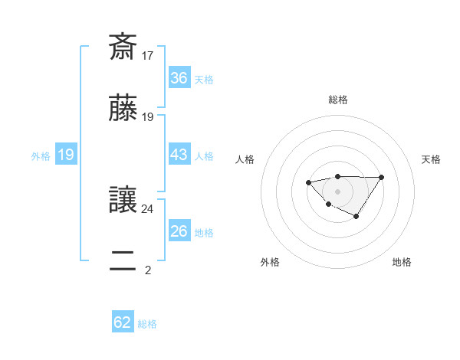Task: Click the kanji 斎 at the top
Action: [x=123, y=47]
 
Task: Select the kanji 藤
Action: [x=123, y=109]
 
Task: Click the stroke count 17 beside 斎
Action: [x=148, y=56]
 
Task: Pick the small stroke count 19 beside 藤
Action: [x=148, y=117]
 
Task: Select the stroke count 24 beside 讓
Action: [x=148, y=208]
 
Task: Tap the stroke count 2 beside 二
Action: [x=148, y=270]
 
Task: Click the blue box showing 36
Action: [x=179, y=77]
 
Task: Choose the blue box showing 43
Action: [x=179, y=155]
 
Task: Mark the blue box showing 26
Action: [x=179, y=231]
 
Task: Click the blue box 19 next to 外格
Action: [x=66, y=155]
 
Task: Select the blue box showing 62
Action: [x=123, y=322]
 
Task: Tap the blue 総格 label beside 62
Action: [x=147, y=324]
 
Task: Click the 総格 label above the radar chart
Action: [x=338, y=100]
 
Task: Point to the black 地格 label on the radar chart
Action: [x=402, y=262]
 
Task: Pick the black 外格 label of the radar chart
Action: [x=270, y=262]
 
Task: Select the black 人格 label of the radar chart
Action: [x=245, y=159]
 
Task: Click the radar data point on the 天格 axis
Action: [x=382, y=178]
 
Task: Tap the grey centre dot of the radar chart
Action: [x=337, y=191]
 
